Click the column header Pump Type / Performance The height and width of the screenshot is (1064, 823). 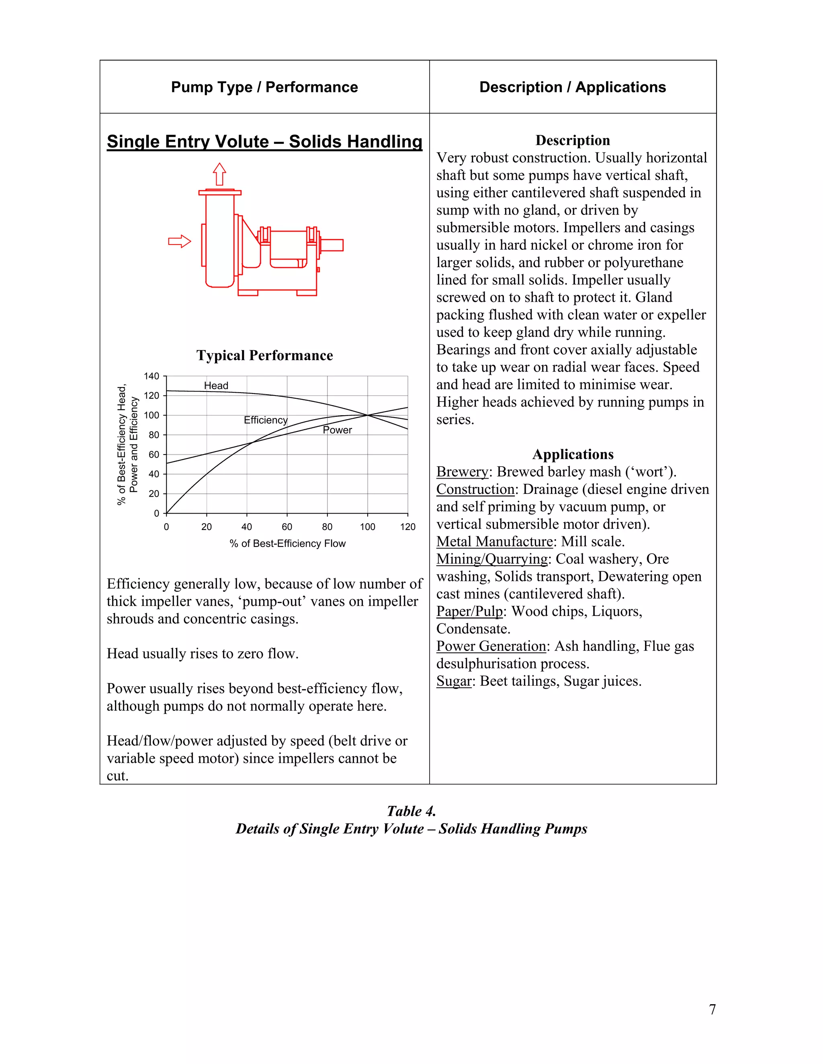264,87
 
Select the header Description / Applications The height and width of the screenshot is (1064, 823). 572,87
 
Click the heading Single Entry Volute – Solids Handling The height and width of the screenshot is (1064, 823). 264,141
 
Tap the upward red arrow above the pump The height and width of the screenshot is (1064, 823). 219,174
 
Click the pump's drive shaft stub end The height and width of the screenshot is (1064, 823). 332,245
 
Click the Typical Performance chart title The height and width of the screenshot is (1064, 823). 264,355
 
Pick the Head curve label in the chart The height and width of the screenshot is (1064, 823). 216,385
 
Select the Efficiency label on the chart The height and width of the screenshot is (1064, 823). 266,420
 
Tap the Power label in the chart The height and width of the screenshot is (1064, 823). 338,430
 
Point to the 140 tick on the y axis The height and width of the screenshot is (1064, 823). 151,376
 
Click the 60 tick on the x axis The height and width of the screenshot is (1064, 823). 287,527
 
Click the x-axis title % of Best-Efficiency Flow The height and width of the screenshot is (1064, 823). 287,543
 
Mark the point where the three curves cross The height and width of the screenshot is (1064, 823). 368,415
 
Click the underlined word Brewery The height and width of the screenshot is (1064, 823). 462,472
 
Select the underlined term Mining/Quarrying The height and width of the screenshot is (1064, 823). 492,559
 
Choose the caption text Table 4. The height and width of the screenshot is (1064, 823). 411,811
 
